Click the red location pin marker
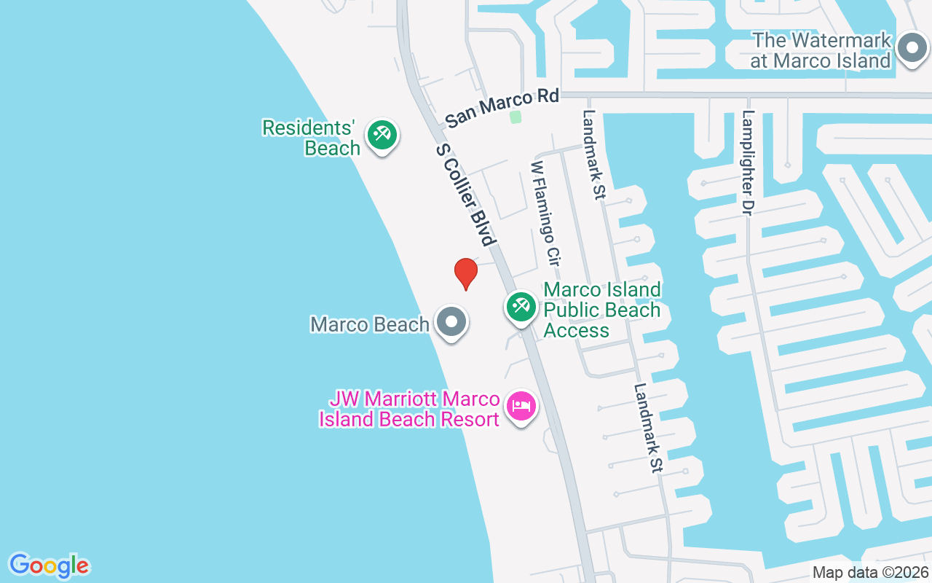[466, 273]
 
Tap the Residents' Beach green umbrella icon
[382, 135]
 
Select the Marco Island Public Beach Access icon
[521, 306]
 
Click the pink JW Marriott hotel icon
[521, 407]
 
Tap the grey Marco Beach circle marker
[451, 321]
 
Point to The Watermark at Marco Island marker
[911, 50]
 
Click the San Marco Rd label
[502, 108]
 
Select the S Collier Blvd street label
[466, 194]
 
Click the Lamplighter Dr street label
[748, 162]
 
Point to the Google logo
[50, 566]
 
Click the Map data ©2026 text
[870, 573]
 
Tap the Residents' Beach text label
[312, 138]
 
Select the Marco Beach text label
[369, 324]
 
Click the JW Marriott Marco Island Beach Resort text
[410, 410]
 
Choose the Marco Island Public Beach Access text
[602, 310]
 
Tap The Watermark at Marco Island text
[821, 50]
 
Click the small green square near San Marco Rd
[516, 117]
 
